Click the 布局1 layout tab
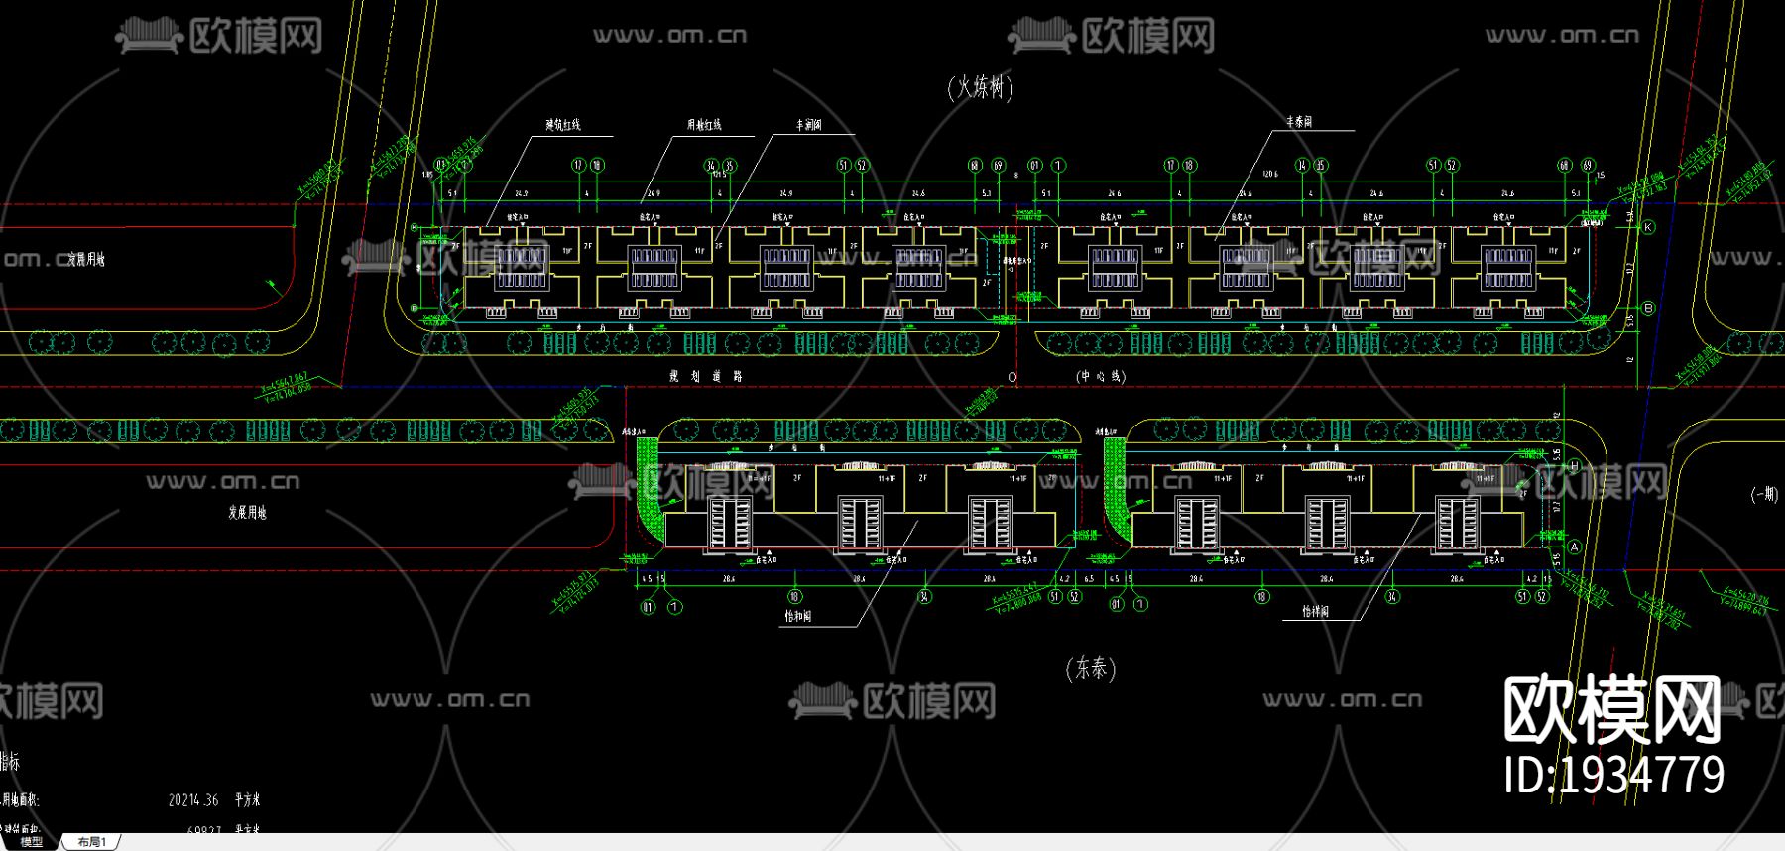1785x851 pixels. (92, 842)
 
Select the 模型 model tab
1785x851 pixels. (32, 842)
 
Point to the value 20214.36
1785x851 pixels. (193, 799)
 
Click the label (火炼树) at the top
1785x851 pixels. (981, 87)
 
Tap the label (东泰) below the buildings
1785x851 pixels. (1091, 669)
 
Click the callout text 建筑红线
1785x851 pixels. (563, 125)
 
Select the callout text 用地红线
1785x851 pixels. (704, 125)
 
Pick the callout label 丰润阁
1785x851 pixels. (809, 125)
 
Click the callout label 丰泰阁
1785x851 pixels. (1299, 121)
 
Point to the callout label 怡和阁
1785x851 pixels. (798, 616)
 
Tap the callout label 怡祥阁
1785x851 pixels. (1315, 612)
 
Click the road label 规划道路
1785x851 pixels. (705, 376)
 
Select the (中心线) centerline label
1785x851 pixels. (1101, 376)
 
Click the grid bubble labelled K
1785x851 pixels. (1648, 227)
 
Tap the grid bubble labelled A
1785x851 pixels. (1574, 547)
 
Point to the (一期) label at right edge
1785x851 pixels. (1764, 494)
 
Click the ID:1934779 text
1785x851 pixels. (1613, 775)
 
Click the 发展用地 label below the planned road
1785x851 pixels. (247, 513)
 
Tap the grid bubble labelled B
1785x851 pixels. (1648, 308)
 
